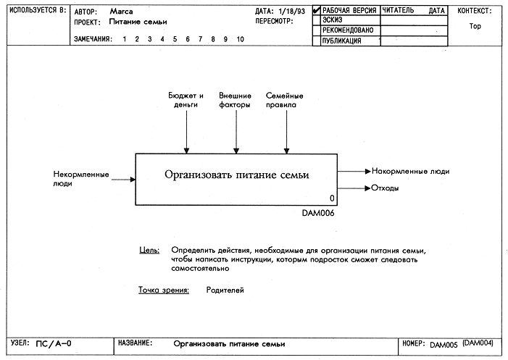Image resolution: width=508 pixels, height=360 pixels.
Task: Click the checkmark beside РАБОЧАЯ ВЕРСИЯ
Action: point(317,10)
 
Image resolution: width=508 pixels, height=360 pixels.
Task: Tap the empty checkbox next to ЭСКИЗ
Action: point(317,20)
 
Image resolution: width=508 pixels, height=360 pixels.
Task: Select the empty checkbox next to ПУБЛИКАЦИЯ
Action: point(317,41)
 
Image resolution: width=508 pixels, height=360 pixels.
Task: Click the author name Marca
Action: point(121,12)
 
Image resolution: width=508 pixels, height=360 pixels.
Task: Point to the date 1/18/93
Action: point(291,12)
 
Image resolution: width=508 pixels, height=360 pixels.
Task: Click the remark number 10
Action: point(240,39)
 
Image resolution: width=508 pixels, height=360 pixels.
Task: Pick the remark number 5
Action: point(175,39)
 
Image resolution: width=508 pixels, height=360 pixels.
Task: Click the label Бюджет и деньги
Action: point(186,100)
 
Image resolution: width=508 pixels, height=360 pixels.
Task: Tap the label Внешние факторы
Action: point(236,100)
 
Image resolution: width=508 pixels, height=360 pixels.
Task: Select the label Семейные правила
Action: point(285,100)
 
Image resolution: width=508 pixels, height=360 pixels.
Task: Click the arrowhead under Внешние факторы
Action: point(236,151)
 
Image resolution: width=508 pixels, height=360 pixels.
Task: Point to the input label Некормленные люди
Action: point(81,179)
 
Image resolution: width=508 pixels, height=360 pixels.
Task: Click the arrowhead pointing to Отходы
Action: point(367,188)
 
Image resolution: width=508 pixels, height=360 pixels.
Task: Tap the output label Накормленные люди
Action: point(410,171)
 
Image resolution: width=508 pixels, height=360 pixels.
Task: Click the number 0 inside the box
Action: point(332,198)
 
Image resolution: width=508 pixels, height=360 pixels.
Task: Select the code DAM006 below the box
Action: point(318,213)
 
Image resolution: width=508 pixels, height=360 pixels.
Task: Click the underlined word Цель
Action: point(149,250)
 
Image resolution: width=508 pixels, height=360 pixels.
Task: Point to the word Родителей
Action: point(225,290)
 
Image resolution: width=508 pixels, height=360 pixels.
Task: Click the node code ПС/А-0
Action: point(54,343)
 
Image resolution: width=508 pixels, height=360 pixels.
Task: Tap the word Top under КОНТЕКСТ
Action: point(475,26)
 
